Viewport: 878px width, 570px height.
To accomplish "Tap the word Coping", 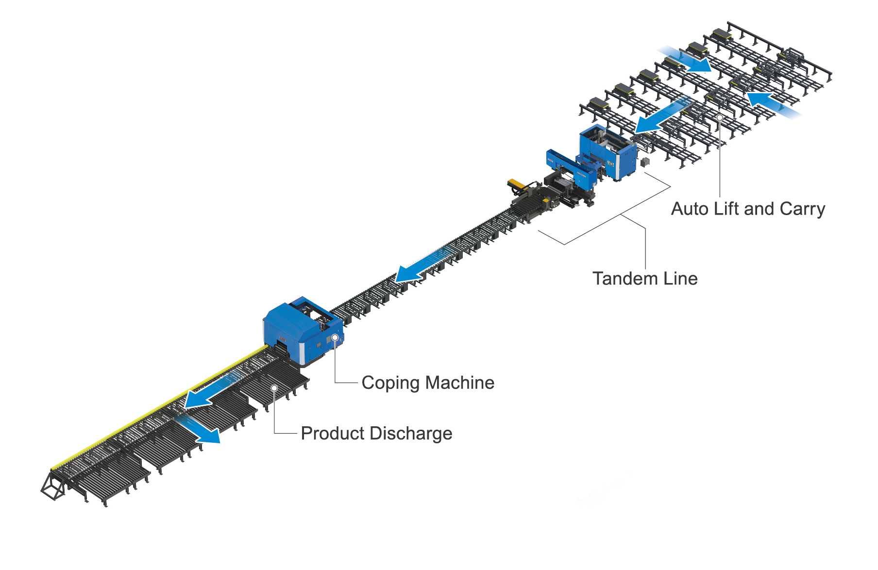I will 390,383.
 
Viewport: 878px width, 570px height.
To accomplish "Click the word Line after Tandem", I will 679,279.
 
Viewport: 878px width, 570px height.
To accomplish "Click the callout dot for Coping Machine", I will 335,337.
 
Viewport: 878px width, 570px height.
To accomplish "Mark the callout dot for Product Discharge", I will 274,388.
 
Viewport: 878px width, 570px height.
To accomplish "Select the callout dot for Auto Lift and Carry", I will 720,117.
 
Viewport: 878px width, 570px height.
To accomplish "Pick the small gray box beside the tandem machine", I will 645,162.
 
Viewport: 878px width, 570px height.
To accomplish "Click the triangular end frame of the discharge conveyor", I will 52,485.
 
